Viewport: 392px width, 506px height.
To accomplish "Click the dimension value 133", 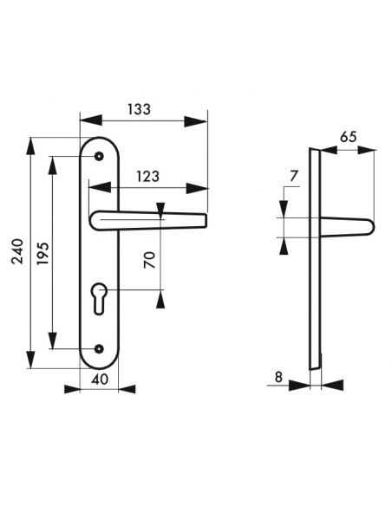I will (138, 109).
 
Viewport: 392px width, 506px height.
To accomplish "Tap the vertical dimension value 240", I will (18, 251).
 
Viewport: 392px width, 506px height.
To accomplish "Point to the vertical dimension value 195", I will (42, 251).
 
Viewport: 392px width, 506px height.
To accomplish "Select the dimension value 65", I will (348, 137).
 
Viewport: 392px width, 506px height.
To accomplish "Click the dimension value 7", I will (292, 177).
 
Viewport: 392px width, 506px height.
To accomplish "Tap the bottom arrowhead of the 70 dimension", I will (160, 298).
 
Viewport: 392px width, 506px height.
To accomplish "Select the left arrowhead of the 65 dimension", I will (327, 148).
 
